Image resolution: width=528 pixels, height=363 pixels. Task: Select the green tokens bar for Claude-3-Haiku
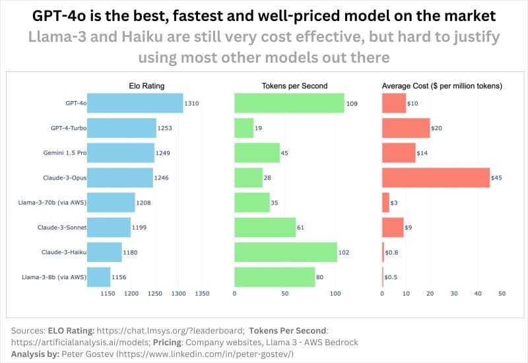tap(286, 252)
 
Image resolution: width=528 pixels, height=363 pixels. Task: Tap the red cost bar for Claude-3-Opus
tap(436, 178)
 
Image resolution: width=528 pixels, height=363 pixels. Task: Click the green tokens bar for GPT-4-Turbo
tap(244, 128)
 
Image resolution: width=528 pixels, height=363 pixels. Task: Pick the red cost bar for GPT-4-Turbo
tap(406, 128)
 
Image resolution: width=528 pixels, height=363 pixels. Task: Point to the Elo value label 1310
tap(192, 104)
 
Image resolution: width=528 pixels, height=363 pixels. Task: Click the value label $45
tap(496, 178)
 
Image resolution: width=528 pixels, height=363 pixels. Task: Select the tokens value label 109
tap(352, 104)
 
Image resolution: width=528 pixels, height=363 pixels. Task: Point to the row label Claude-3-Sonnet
tap(63, 228)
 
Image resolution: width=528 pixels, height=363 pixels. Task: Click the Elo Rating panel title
tap(147, 86)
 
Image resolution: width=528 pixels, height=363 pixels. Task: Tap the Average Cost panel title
tap(443, 86)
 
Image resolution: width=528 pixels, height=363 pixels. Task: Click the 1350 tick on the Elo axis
tap(202, 293)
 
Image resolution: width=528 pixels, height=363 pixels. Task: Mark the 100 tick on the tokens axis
tap(335, 293)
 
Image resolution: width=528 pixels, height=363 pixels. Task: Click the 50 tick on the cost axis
tap(502, 293)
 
